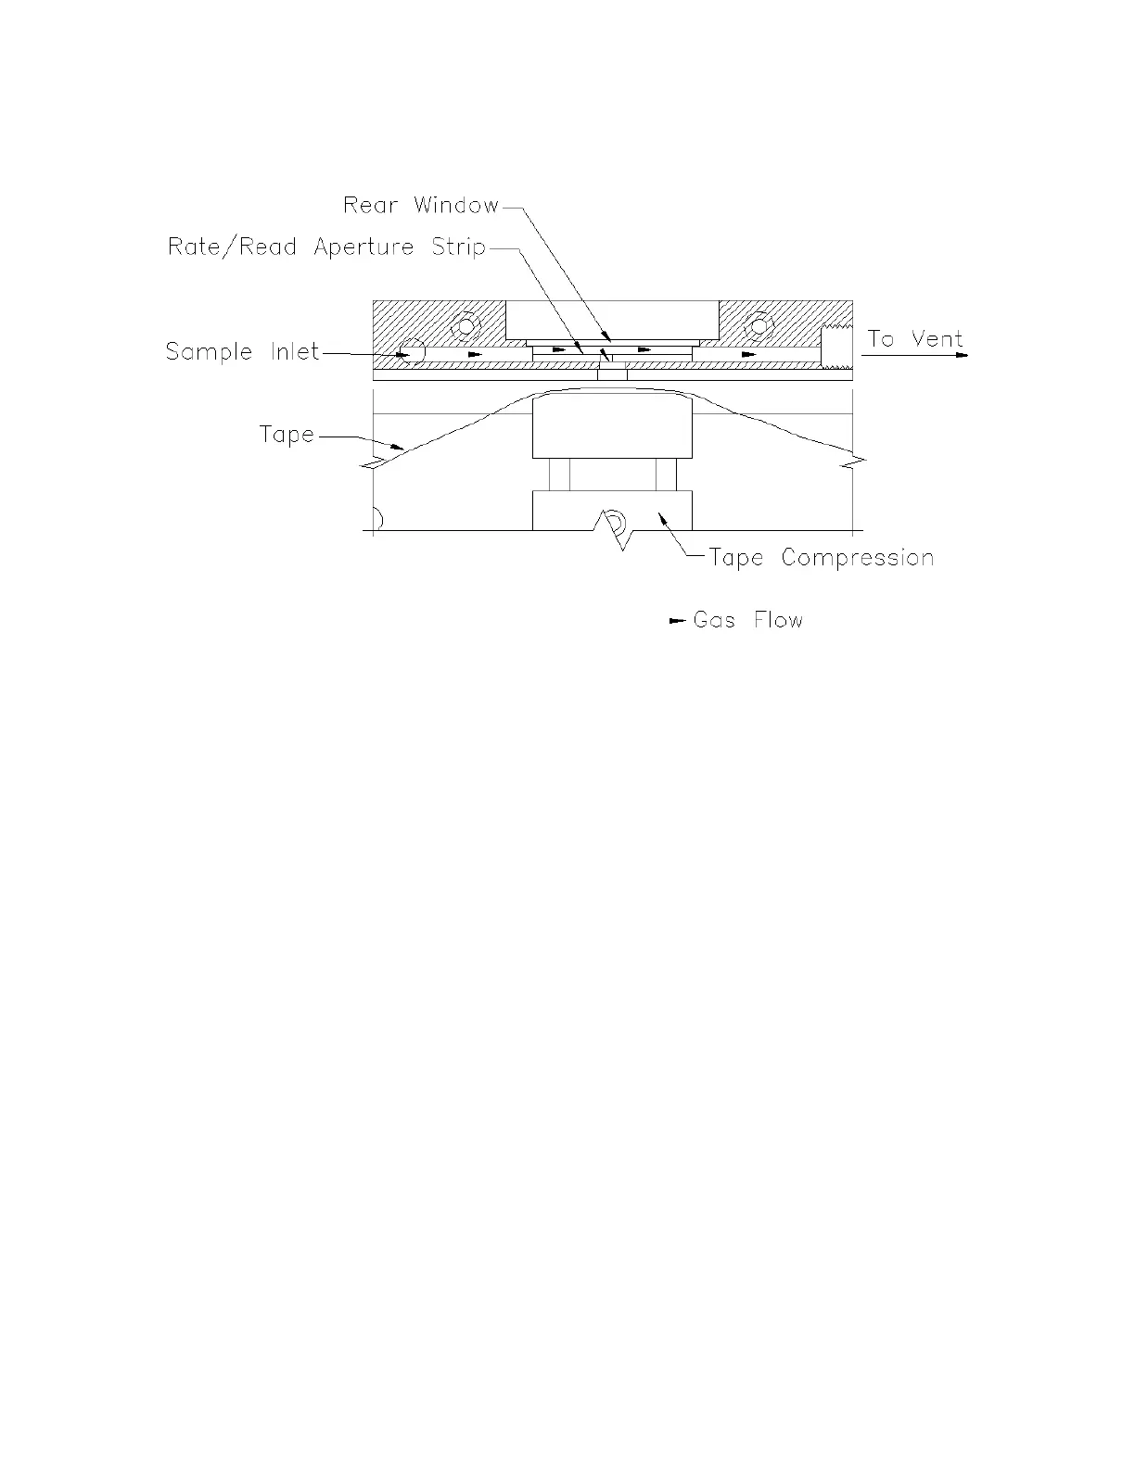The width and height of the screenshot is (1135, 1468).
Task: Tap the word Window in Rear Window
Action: [456, 205]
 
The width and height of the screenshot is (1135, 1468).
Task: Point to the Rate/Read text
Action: [232, 247]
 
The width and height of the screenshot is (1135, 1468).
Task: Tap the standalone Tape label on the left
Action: [287, 435]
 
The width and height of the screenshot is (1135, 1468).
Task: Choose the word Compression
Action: [857, 558]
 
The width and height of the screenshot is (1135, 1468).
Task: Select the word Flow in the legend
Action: [778, 620]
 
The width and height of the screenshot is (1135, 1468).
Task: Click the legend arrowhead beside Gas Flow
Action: [676, 621]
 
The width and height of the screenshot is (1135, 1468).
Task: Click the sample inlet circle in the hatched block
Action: [410, 352]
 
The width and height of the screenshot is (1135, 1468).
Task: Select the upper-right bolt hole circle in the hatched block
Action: [759, 325]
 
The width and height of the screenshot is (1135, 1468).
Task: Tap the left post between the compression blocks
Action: [559, 475]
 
